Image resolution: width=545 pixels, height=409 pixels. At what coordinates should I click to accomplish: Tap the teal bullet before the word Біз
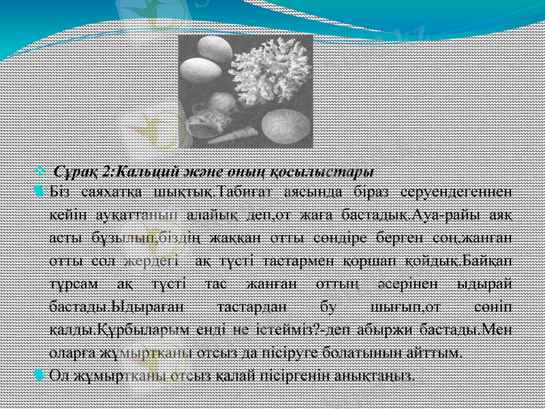[38, 190]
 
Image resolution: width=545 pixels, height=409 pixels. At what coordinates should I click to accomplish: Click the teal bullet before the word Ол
[38, 374]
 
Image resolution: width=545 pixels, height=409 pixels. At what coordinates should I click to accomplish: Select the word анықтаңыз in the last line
[379, 375]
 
